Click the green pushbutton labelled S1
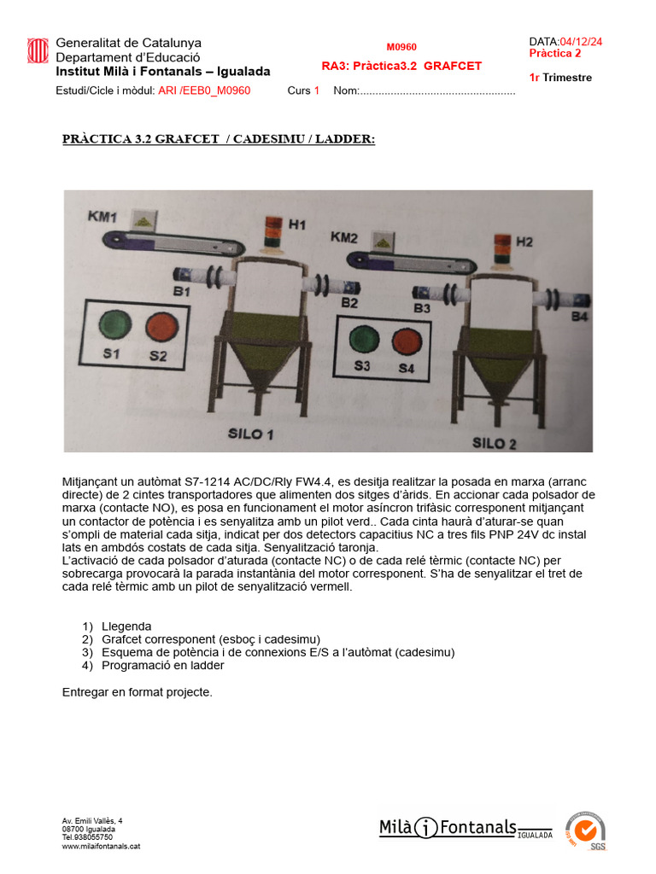(x=114, y=326)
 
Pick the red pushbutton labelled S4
(x=407, y=341)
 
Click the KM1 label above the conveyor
(x=102, y=217)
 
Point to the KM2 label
(x=344, y=236)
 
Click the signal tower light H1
(x=274, y=232)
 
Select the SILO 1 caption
(x=250, y=434)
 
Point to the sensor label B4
(x=579, y=317)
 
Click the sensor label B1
(x=181, y=292)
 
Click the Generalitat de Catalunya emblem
(x=38, y=51)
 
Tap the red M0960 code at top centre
(x=401, y=47)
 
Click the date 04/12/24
(x=581, y=41)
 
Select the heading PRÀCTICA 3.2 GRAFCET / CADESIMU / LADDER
(x=219, y=139)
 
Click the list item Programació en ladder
(x=162, y=665)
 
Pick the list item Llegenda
(x=126, y=626)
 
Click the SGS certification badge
(x=587, y=830)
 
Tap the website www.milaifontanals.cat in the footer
(x=101, y=846)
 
